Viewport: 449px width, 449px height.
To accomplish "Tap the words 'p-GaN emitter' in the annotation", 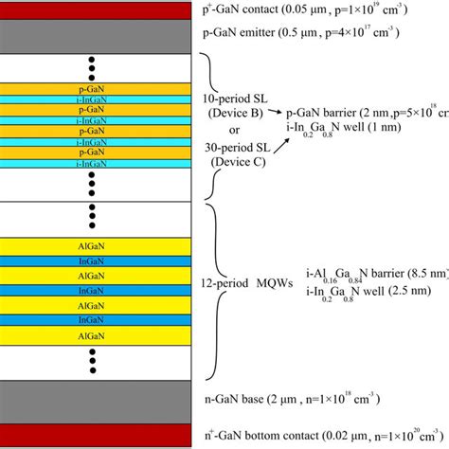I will tap(241, 32).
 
